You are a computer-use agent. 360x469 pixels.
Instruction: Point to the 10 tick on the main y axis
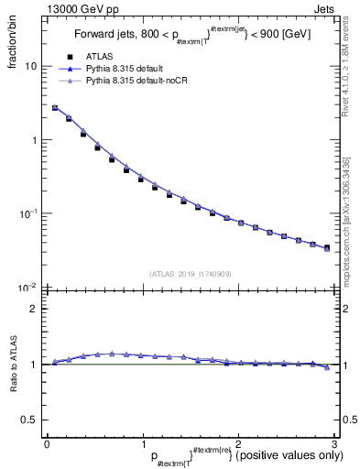(31, 67)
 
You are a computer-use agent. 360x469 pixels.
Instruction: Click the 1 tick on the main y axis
(34, 140)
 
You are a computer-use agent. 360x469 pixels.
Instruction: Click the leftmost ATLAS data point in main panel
(55, 108)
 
